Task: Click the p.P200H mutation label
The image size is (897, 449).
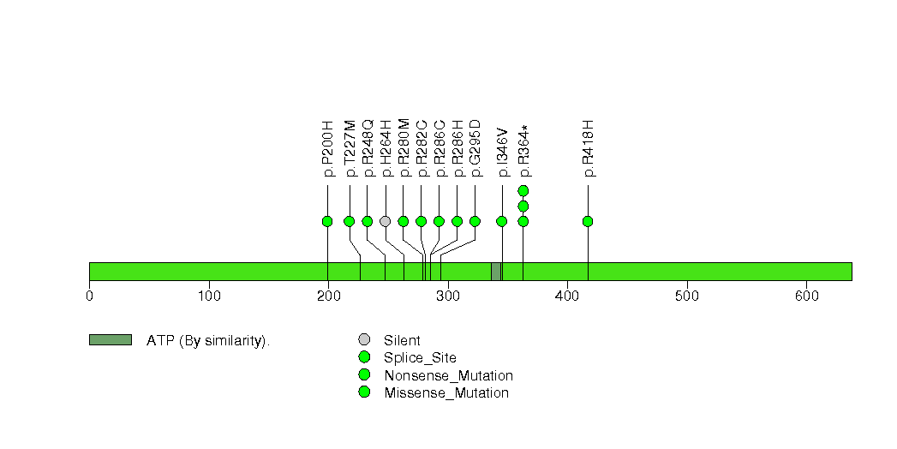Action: [x=328, y=149]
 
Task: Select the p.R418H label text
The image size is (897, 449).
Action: [x=588, y=149]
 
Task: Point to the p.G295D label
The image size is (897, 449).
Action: [x=475, y=149]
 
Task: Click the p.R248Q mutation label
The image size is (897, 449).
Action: [x=368, y=148]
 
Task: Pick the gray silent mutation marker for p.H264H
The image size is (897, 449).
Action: [x=385, y=221]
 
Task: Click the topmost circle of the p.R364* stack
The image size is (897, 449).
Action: [x=523, y=190]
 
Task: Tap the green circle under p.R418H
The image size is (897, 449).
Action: [x=588, y=221]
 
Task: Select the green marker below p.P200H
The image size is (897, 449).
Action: [x=327, y=221]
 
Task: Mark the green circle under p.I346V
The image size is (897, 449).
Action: [x=502, y=221]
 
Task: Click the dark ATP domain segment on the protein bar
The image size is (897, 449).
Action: [x=496, y=272]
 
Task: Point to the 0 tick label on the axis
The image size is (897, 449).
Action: [x=89, y=296]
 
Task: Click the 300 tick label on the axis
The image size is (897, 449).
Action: [x=448, y=296]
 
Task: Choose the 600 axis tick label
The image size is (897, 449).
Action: [x=806, y=296]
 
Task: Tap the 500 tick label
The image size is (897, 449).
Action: [x=687, y=296]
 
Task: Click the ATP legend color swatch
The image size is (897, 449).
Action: [x=111, y=340]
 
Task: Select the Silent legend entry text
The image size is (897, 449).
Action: [x=402, y=341]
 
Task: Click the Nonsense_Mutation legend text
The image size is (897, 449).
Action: [x=449, y=376]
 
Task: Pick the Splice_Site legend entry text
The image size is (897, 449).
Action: [x=421, y=359]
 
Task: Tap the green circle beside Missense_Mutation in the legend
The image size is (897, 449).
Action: [x=364, y=392]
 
